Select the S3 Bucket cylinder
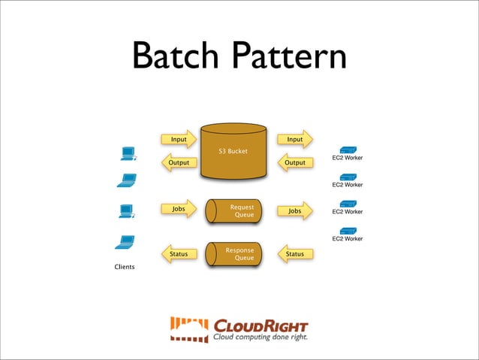coord(234,151)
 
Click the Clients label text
coord(125,267)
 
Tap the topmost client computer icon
coord(128,153)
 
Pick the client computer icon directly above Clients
coord(125,243)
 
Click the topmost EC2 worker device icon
coord(348,149)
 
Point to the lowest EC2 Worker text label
coord(347,239)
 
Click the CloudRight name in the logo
coord(261,326)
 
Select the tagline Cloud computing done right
coord(260,337)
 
